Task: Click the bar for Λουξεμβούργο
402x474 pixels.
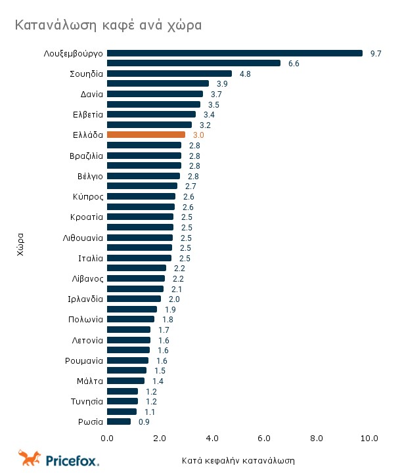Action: click(x=234, y=53)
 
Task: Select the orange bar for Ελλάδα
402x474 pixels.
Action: click(x=146, y=135)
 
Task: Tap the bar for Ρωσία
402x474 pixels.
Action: click(x=119, y=421)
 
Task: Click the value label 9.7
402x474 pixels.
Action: click(x=376, y=53)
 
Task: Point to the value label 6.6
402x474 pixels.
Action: click(x=294, y=64)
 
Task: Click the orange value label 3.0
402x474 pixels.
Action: click(x=198, y=135)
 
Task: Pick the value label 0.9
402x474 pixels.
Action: click(x=144, y=422)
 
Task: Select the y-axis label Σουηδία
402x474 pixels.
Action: click(x=86, y=74)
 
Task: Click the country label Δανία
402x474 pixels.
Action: click(x=91, y=94)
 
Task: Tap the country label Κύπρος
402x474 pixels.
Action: click(x=88, y=196)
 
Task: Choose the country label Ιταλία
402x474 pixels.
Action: click(x=91, y=258)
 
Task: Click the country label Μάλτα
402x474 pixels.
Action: click(x=90, y=381)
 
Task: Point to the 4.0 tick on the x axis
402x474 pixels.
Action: click(x=212, y=438)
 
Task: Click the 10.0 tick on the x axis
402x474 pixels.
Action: click(x=369, y=438)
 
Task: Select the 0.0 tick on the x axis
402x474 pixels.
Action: click(x=107, y=438)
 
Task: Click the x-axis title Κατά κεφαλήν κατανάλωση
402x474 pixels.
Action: click(x=238, y=460)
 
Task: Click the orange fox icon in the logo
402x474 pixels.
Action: click(x=30, y=458)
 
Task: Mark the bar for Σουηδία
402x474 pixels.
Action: click(x=169, y=74)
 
